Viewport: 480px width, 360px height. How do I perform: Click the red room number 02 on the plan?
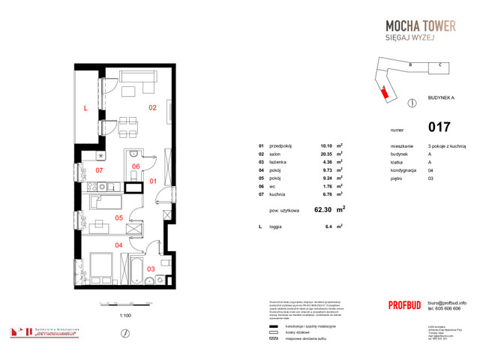(x=151, y=108)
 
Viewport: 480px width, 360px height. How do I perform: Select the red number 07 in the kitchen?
(x=100, y=170)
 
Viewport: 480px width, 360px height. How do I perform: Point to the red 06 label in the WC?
(x=136, y=166)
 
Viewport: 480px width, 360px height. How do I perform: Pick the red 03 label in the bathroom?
(x=151, y=268)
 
